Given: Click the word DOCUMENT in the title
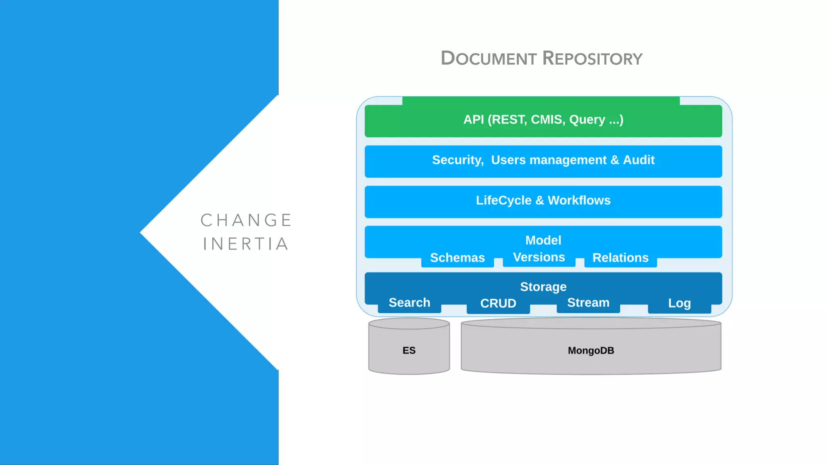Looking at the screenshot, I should coord(488,59).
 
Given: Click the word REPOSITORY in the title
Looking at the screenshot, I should coord(592,59).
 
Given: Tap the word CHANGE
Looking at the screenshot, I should coord(246,220).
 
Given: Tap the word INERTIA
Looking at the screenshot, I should coord(246,244).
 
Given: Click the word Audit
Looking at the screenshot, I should coord(638,160).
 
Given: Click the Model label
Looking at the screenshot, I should coord(543,240).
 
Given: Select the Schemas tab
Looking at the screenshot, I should coord(457,258).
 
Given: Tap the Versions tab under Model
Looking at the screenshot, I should coord(539,258).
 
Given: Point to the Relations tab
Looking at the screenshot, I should coord(620,258).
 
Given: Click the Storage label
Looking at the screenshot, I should coord(543,287).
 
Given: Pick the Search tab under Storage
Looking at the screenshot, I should coord(409,303).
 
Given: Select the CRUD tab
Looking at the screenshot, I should coord(498,304).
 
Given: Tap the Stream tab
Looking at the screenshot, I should coord(588,303).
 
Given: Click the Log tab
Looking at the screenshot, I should coord(679,304).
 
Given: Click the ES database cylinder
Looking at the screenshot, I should coord(409,350).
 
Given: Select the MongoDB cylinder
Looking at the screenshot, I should coord(591,350).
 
